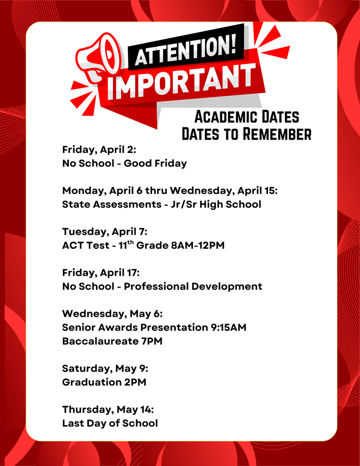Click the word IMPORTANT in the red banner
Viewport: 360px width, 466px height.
click(x=181, y=81)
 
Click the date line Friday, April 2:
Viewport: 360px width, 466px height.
click(x=99, y=150)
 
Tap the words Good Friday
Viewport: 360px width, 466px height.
click(x=155, y=163)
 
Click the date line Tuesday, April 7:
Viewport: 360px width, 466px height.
click(x=105, y=232)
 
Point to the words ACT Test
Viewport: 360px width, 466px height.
click(x=83, y=245)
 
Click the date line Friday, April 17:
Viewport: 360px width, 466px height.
click(x=101, y=273)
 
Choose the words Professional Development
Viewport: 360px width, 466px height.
click(x=193, y=286)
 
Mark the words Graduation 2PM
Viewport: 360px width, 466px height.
click(x=104, y=382)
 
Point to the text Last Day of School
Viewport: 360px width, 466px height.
click(x=110, y=423)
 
